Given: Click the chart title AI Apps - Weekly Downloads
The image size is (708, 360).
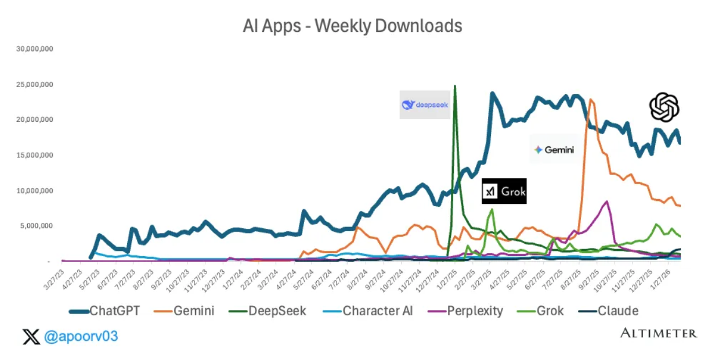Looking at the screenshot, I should tap(352, 26).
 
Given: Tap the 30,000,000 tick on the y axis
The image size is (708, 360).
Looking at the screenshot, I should tap(34, 49).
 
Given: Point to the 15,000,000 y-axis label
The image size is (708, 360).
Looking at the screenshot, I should tap(34, 155).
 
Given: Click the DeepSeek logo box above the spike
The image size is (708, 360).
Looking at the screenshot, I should tap(425, 105).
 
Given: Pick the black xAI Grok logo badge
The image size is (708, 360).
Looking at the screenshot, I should tap(504, 191).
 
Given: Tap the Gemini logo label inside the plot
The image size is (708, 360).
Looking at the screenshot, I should tap(554, 149).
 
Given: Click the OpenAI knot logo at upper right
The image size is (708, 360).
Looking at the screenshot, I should tap(664, 107).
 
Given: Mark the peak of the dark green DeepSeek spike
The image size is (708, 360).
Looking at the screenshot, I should tap(455, 87).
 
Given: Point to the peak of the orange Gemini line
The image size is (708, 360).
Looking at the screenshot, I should tap(591, 100).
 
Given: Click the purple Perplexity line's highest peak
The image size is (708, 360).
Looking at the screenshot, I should tap(607, 201).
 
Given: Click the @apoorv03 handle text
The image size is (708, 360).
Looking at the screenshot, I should tap(81, 336).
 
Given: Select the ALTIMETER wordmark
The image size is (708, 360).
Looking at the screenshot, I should tap(658, 333).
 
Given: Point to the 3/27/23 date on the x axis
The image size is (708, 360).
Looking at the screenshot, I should tap(54, 276).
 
